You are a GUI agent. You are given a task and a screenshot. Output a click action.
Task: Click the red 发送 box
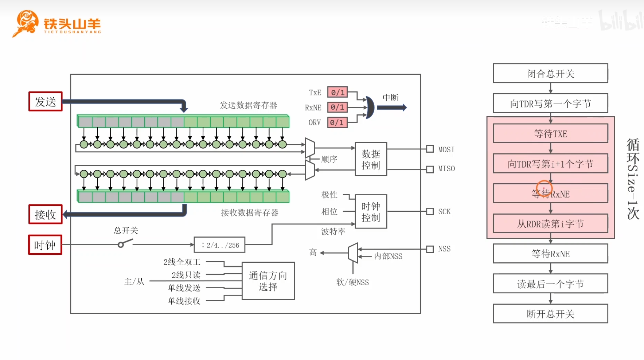click(x=46, y=101)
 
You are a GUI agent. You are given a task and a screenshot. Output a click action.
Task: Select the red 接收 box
click(x=46, y=214)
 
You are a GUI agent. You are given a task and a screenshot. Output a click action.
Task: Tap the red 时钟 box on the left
click(x=45, y=244)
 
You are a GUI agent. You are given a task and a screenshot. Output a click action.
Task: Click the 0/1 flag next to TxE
click(x=337, y=92)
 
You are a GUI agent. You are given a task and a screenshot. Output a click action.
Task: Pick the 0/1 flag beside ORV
click(x=337, y=122)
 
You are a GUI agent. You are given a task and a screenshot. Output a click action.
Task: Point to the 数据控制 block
click(x=371, y=159)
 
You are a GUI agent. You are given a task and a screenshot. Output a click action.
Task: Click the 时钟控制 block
click(x=371, y=212)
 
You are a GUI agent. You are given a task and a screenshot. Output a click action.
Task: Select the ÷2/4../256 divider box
click(x=219, y=245)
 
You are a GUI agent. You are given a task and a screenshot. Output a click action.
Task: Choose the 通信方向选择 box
click(x=268, y=281)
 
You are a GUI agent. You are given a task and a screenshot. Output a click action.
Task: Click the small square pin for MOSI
click(x=430, y=149)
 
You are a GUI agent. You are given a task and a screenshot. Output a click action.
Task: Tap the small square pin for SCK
click(x=430, y=211)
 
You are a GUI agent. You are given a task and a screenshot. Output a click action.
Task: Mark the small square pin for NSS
click(x=430, y=249)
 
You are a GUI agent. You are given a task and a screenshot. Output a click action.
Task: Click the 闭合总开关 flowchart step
click(x=550, y=74)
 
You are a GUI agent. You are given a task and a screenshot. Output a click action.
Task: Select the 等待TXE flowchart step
click(x=550, y=133)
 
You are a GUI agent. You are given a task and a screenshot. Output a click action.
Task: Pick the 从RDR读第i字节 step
click(x=550, y=223)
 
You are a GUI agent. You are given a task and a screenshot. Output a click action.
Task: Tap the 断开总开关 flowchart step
click(x=550, y=314)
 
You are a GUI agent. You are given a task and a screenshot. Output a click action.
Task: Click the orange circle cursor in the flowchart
click(x=544, y=181)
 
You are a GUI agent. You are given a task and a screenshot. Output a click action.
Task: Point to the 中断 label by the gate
click(x=391, y=98)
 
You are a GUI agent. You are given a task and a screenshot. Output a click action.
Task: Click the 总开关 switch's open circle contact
click(x=121, y=245)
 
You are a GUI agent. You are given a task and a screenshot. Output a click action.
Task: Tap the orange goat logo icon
click(x=26, y=23)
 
